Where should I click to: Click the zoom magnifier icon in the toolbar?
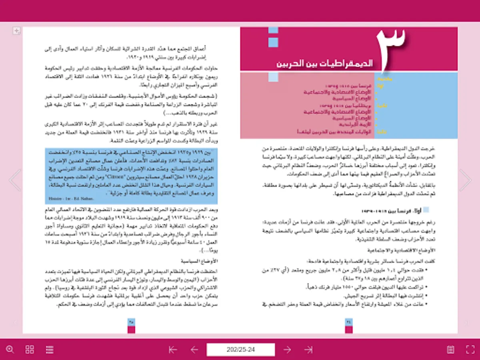coord(10,349)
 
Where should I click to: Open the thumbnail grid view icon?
coord(30,349)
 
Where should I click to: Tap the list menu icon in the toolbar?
coord(50,349)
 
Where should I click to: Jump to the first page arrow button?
coord(173,350)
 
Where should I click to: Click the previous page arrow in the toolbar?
coord(194,350)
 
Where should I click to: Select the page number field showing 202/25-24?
coord(240,350)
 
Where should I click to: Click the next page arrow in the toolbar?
coord(287,350)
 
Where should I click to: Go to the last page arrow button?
coord(308,350)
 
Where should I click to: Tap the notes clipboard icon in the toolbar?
coord(450,349)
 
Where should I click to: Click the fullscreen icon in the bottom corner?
coord(470,349)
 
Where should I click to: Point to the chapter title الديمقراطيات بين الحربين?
coord(326,63)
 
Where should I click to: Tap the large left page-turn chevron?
coord(14,180)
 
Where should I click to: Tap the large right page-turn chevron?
coord(466,180)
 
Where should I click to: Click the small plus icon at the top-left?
coord(16,31)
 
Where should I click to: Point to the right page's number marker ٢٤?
coord(348,320)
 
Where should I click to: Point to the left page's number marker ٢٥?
coord(131,320)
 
